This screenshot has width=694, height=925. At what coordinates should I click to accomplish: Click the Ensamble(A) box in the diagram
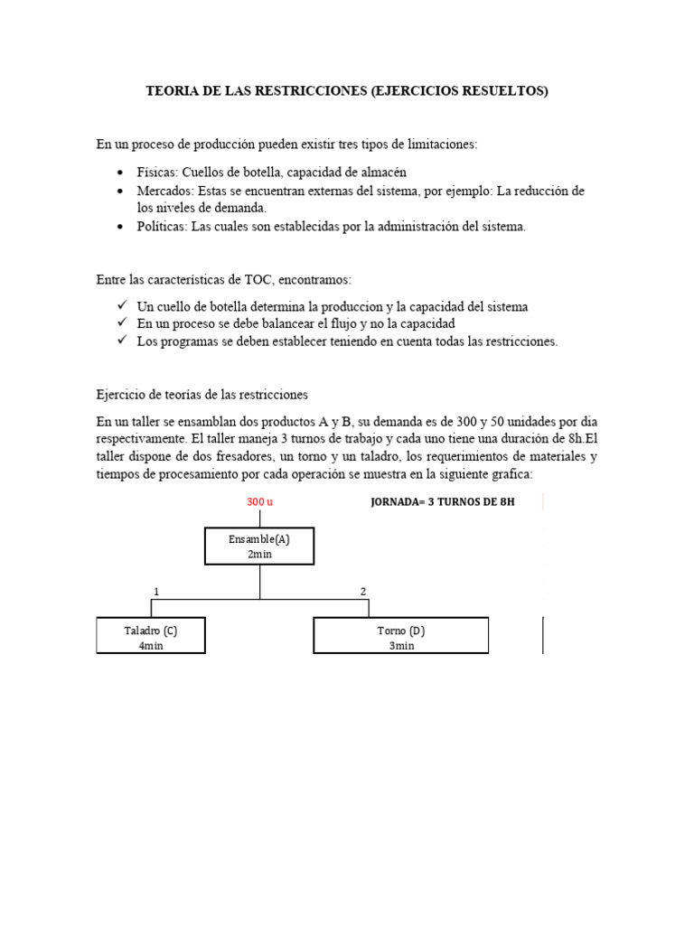(x=259, y=546)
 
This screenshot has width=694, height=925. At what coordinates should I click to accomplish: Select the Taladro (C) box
(x=151, y=635)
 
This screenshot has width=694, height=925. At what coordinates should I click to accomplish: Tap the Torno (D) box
(x=400, y=635)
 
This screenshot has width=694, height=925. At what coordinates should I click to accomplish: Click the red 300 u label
(x=259, y=501)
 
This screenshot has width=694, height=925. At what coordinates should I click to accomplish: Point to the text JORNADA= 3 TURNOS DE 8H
(x=442, y=501)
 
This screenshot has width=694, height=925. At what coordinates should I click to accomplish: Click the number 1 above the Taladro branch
(x=156, y=591)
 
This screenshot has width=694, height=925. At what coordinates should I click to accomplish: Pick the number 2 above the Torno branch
(x=363, y=591)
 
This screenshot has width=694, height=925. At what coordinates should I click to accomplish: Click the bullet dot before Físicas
(x=120, y=173)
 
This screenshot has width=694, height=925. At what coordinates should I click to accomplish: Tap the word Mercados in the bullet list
(x=164, y=191)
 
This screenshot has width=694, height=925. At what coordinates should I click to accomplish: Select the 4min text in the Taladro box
(x=151, y=645)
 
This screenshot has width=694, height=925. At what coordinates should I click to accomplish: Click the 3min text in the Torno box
(x=400, y=645)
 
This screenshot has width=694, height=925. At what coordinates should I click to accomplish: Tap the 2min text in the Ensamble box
(x=259, y=555)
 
